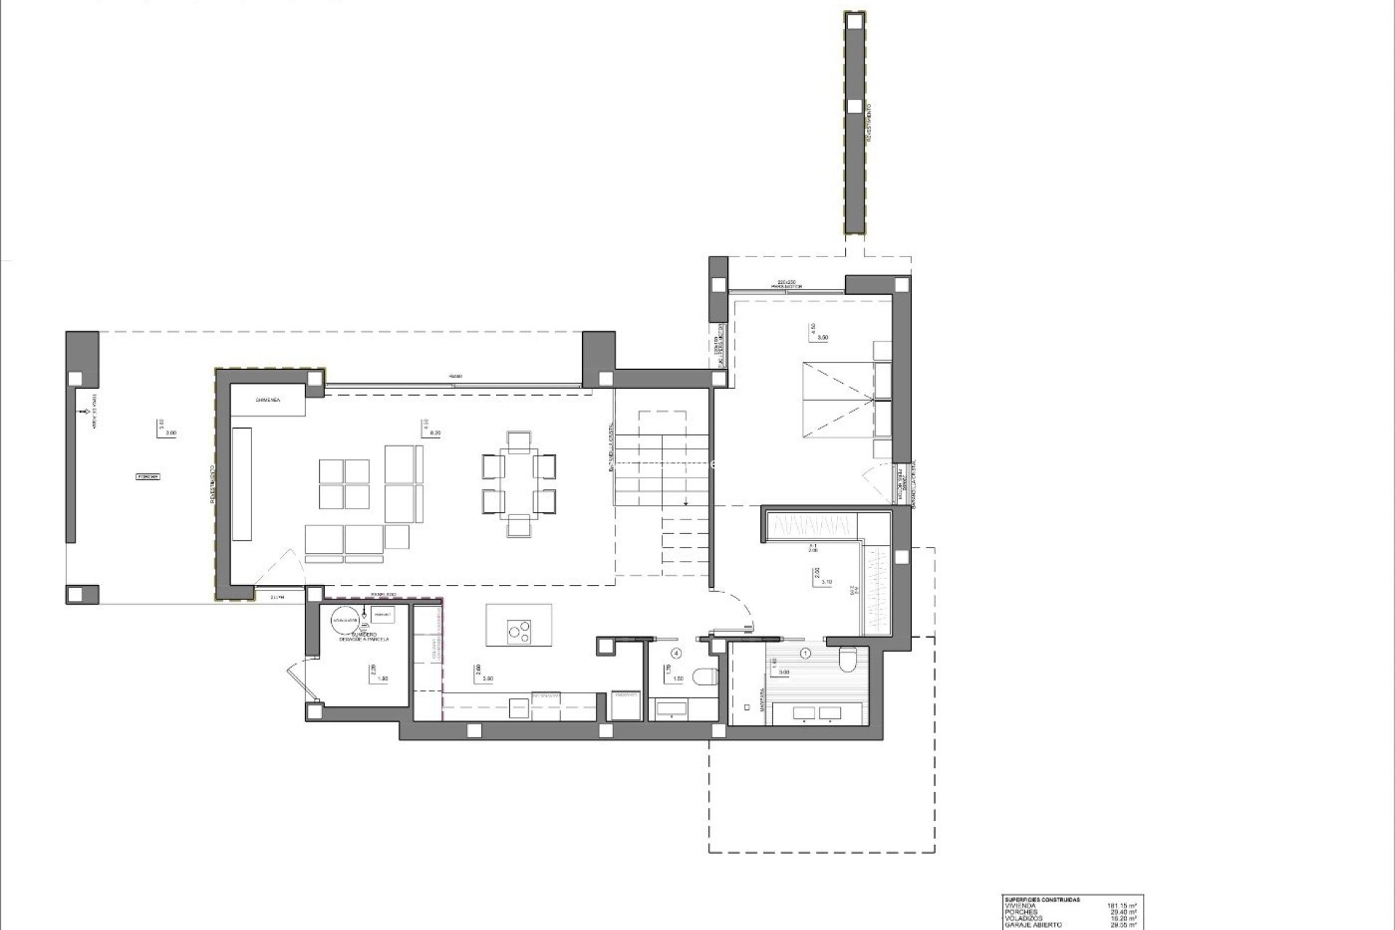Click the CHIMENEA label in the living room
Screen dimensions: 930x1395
[268, 400]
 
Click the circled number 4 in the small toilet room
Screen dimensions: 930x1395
[677, 653]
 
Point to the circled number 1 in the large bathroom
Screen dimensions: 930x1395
[804, 653]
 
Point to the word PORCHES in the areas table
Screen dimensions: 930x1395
[1021, 912]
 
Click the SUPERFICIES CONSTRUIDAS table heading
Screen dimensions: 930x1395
[1042, 899]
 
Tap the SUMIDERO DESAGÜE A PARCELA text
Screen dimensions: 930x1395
[363, 636]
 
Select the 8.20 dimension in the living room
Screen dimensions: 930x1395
[436, 433]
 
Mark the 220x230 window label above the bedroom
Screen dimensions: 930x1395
[787, 281]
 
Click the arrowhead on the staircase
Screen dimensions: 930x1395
[685, 502]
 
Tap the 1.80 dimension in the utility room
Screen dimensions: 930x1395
[383, 679]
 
